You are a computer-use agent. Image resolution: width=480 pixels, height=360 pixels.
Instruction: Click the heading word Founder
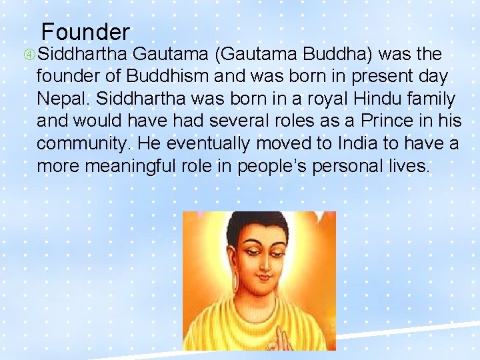tap(85, 31)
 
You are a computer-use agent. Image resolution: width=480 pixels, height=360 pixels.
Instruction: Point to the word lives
tap(408, 166)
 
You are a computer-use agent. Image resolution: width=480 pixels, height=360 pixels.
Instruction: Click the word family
tap(433, 99)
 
